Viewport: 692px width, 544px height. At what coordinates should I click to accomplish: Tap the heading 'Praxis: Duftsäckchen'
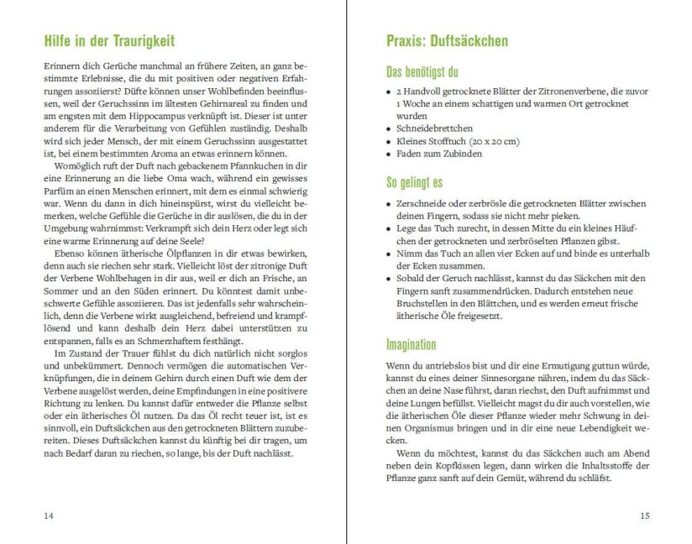tap(447, 40)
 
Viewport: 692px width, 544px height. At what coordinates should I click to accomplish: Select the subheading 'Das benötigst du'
tap(422, 71)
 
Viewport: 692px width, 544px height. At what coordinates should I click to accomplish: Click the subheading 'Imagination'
tap(412, 344)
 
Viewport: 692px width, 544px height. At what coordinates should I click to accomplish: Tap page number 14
tap(48, 515)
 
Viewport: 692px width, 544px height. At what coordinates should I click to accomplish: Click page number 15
tap(644, 515)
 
